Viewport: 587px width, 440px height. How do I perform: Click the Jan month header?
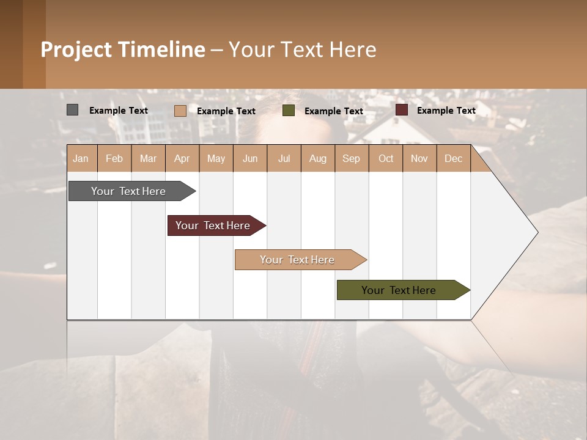81,158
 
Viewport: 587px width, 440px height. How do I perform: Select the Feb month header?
114,158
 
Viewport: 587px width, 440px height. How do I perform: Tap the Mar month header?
148,158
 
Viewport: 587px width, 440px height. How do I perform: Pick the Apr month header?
182,158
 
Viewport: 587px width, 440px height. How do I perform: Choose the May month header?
216,158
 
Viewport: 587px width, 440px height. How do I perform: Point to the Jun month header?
250,158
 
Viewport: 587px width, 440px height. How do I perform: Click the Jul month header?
284,158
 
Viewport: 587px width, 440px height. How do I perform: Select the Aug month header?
318,158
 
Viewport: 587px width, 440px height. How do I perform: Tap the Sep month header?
352,158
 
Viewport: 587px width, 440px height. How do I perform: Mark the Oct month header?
386,158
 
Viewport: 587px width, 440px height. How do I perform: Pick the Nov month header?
419,158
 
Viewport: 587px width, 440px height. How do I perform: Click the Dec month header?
453,158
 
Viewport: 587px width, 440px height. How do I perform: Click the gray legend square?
72,110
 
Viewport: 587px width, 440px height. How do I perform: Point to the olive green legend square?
289,111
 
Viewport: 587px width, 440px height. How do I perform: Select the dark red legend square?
402,110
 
